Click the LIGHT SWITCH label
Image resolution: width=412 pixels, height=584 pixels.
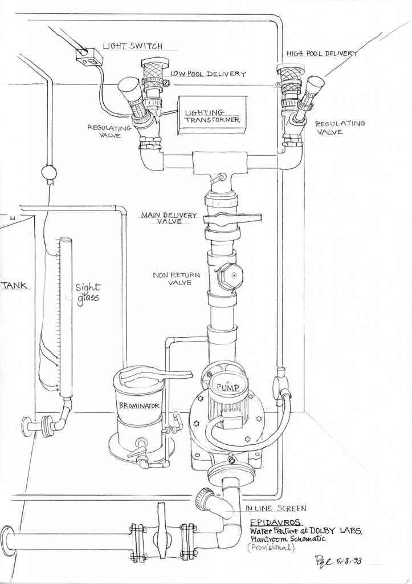point(133,46)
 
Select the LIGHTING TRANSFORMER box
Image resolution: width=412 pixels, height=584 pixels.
point(211,116)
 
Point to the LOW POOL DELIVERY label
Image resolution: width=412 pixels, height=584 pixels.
point(207,74)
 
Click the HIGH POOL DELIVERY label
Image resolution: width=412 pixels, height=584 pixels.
point(321,53)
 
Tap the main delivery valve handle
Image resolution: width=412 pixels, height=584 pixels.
point(232,218)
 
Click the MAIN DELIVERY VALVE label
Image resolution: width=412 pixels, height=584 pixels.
point(169,218)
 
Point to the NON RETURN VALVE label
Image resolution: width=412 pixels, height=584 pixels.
point(176,278)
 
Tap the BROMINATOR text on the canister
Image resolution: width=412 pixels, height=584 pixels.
point(138,405)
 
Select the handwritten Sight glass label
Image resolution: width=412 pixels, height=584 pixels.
point(88,294)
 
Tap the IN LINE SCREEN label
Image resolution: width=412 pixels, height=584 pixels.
point(275,508)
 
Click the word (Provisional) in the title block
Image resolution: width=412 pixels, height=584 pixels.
point(271,547)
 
